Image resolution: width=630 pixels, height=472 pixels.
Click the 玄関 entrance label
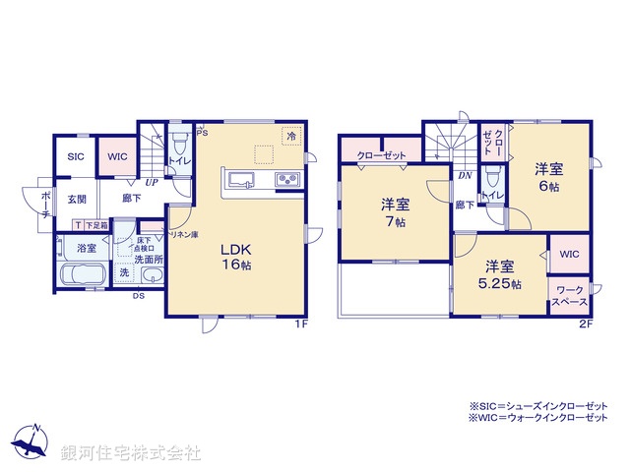(77, 199)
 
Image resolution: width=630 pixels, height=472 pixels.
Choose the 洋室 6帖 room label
(548, 176)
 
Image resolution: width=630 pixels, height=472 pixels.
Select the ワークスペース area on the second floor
(570, 296)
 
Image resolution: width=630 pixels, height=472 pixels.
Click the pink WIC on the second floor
(569, 254)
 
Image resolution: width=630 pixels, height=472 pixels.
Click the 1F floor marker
(301, 325)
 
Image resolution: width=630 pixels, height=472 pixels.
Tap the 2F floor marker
(585, 325)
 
